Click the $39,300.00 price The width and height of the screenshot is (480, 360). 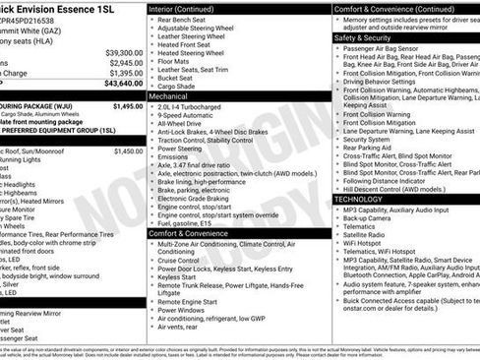124,52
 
